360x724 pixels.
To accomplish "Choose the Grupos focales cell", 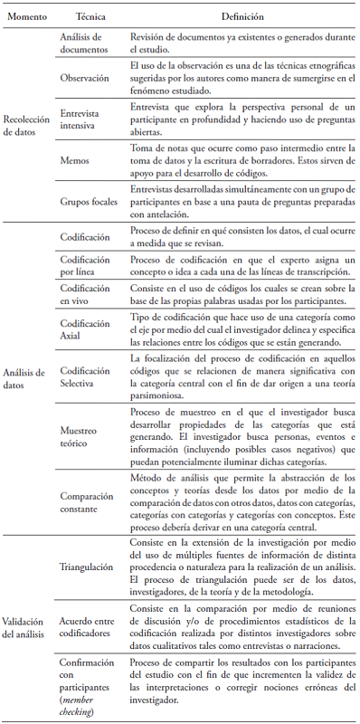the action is tap(89, 202).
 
